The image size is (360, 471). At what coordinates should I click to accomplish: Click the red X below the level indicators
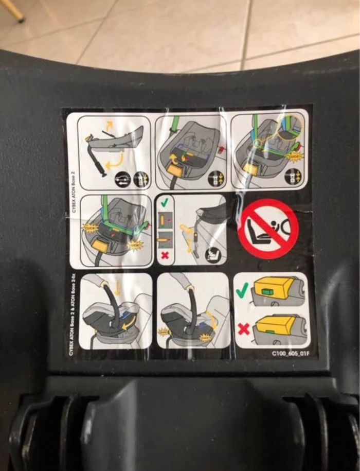pos(165,255)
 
